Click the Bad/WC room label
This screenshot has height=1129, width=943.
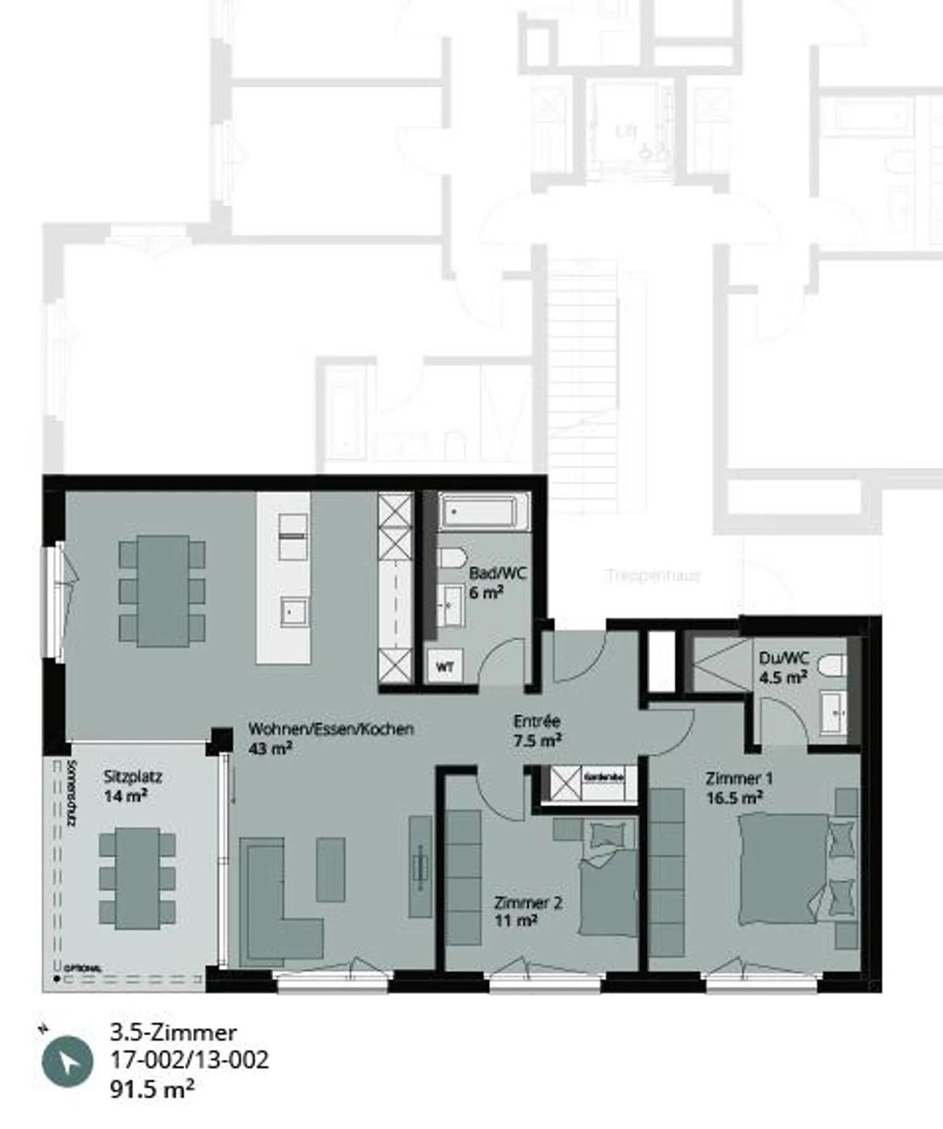[497, 573]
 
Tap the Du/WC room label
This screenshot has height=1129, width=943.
[784, 658]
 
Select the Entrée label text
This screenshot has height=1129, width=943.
[536, 721]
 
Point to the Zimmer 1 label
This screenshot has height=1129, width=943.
[739, 778]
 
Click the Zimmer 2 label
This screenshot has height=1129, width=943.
[528, 903]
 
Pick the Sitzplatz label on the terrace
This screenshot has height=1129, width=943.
[133, 777]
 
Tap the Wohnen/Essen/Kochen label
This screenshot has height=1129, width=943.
[331, 729]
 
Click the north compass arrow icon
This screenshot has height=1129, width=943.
[67, 1062]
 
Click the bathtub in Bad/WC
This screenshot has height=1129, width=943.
[485, 512]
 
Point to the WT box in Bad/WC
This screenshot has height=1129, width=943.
[445, 667]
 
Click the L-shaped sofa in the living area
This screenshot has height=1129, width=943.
[275, 917]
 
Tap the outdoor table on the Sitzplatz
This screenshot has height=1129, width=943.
[138, 878]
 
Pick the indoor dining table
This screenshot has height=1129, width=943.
[162, 591]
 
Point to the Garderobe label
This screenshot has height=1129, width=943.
[604, 777]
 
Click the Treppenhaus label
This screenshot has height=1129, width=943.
[653, 576]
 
